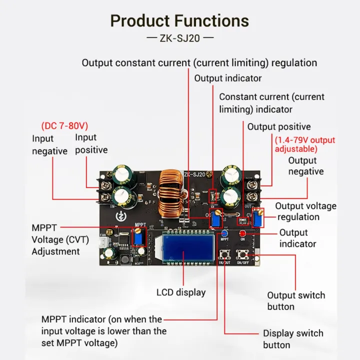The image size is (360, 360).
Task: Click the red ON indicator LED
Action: tap(243, 234)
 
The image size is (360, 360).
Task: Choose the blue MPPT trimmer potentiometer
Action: tap(138, 237)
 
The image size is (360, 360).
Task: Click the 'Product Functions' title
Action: tap(179, 21)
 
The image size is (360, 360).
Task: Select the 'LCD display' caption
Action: tap(181, 292)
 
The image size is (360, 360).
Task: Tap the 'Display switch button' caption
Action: tap(293, 339)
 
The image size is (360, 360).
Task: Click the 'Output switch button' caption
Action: tap(295, 301)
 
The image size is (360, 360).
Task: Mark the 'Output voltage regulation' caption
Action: tap(305, 211)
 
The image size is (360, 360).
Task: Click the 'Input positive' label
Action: tap(91, 143)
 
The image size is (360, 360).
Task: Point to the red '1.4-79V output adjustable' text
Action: tap(304, 144)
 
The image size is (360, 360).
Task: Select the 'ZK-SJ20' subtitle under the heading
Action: tap(179, 38)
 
